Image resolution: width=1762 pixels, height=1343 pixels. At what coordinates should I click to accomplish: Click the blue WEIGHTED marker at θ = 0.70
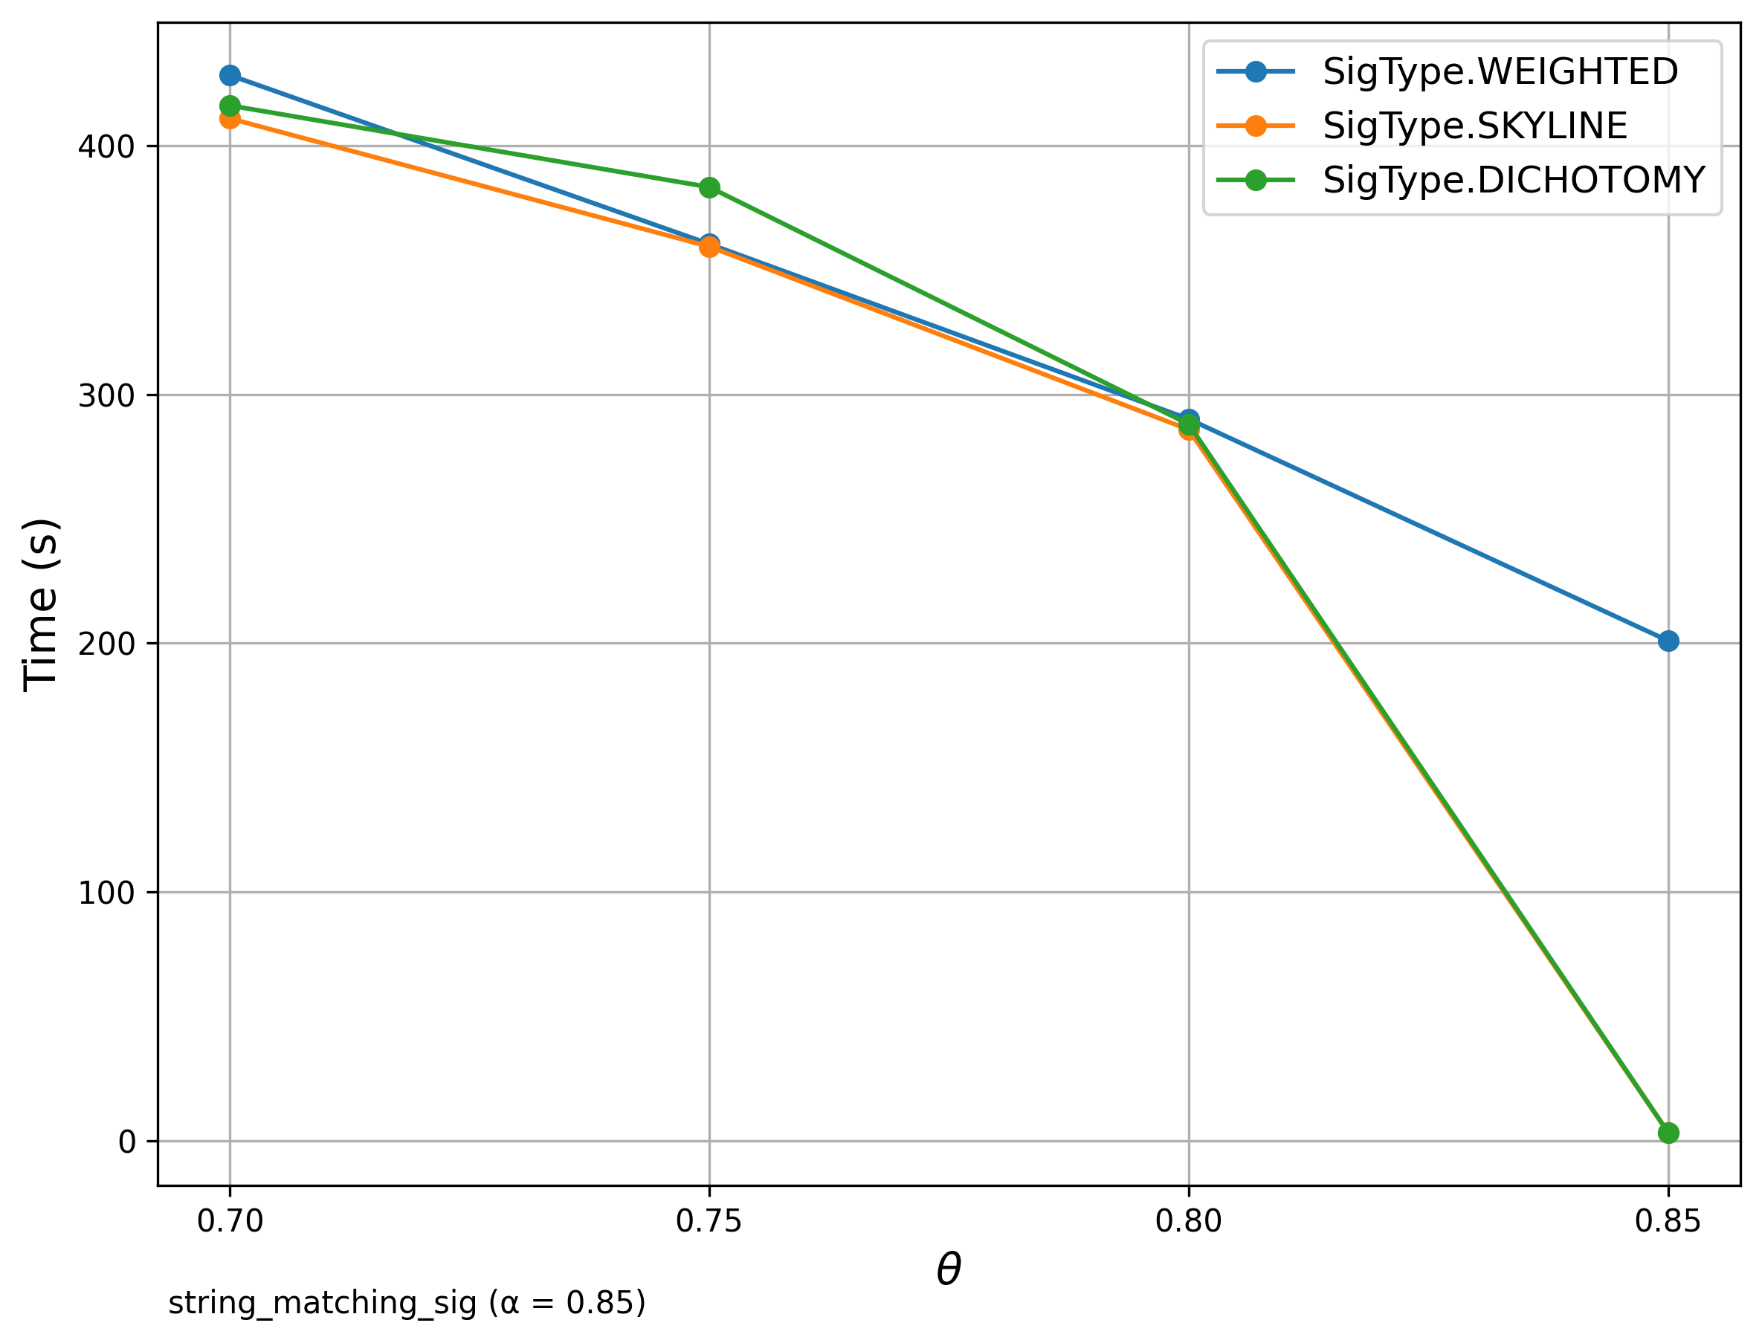click(230, 76)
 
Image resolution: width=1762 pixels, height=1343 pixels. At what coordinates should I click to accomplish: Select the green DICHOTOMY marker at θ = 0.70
click(230, 106)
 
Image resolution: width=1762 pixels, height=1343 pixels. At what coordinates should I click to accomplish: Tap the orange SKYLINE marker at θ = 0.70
click(230, 120)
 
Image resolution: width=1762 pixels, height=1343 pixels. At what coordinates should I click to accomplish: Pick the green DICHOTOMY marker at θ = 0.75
click(709, 188)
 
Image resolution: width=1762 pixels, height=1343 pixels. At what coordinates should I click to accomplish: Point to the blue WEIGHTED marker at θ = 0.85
click(1668, 641)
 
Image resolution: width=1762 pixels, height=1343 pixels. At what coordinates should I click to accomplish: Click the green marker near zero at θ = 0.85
click(1668, 1133)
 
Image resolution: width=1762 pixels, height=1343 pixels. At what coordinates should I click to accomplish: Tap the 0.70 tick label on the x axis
click(230, 1222)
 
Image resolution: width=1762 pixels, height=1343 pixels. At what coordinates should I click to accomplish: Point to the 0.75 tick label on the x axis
click(709, 1222)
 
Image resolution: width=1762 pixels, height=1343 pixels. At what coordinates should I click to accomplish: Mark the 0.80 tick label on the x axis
click(1189, 1222)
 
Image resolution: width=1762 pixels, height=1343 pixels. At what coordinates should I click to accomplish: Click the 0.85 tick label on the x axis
click(1668, 1222)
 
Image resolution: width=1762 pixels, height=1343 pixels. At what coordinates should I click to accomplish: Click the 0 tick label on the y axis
click(127, 1142)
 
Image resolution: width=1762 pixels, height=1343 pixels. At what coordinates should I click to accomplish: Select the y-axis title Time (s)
click(40, 604)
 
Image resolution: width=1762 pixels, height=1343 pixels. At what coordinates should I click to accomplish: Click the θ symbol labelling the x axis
click(948, 1270)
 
